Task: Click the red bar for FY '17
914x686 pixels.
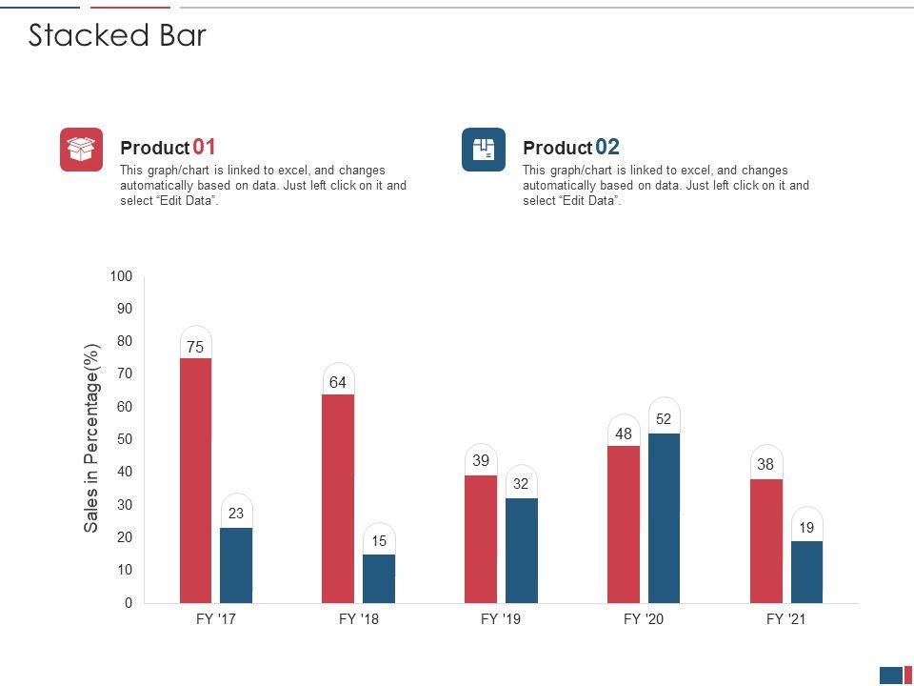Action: (x=195, y=480)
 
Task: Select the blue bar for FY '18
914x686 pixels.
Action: (x=379, y=578)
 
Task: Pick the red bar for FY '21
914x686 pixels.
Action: (x=765, y=540)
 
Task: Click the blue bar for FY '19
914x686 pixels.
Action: (x=521, y=550)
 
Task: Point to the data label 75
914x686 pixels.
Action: (x=195, y=348)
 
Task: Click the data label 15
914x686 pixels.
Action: (x=379, y=541)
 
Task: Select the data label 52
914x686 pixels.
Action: (x=664, y=419)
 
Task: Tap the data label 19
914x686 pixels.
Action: (x=806, y=528)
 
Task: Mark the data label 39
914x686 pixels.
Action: (x=481, y=461)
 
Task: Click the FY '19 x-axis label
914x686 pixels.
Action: (x=501, y=619)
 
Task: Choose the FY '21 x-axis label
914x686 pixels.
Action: (x=786, y=619)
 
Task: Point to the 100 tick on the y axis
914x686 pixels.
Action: (x=121, y=276)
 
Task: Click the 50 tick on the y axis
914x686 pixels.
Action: (x=125, y=439)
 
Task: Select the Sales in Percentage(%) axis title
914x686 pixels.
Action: (x=91, y=439)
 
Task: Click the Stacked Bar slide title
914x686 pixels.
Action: (x=117, y=35)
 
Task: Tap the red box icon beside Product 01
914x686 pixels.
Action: (x=81, y=150)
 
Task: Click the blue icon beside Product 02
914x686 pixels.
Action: (x=484, y=150)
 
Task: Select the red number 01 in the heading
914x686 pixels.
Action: (x=205, y=147)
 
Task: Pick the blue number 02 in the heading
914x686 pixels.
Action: (x=607, y=147)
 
